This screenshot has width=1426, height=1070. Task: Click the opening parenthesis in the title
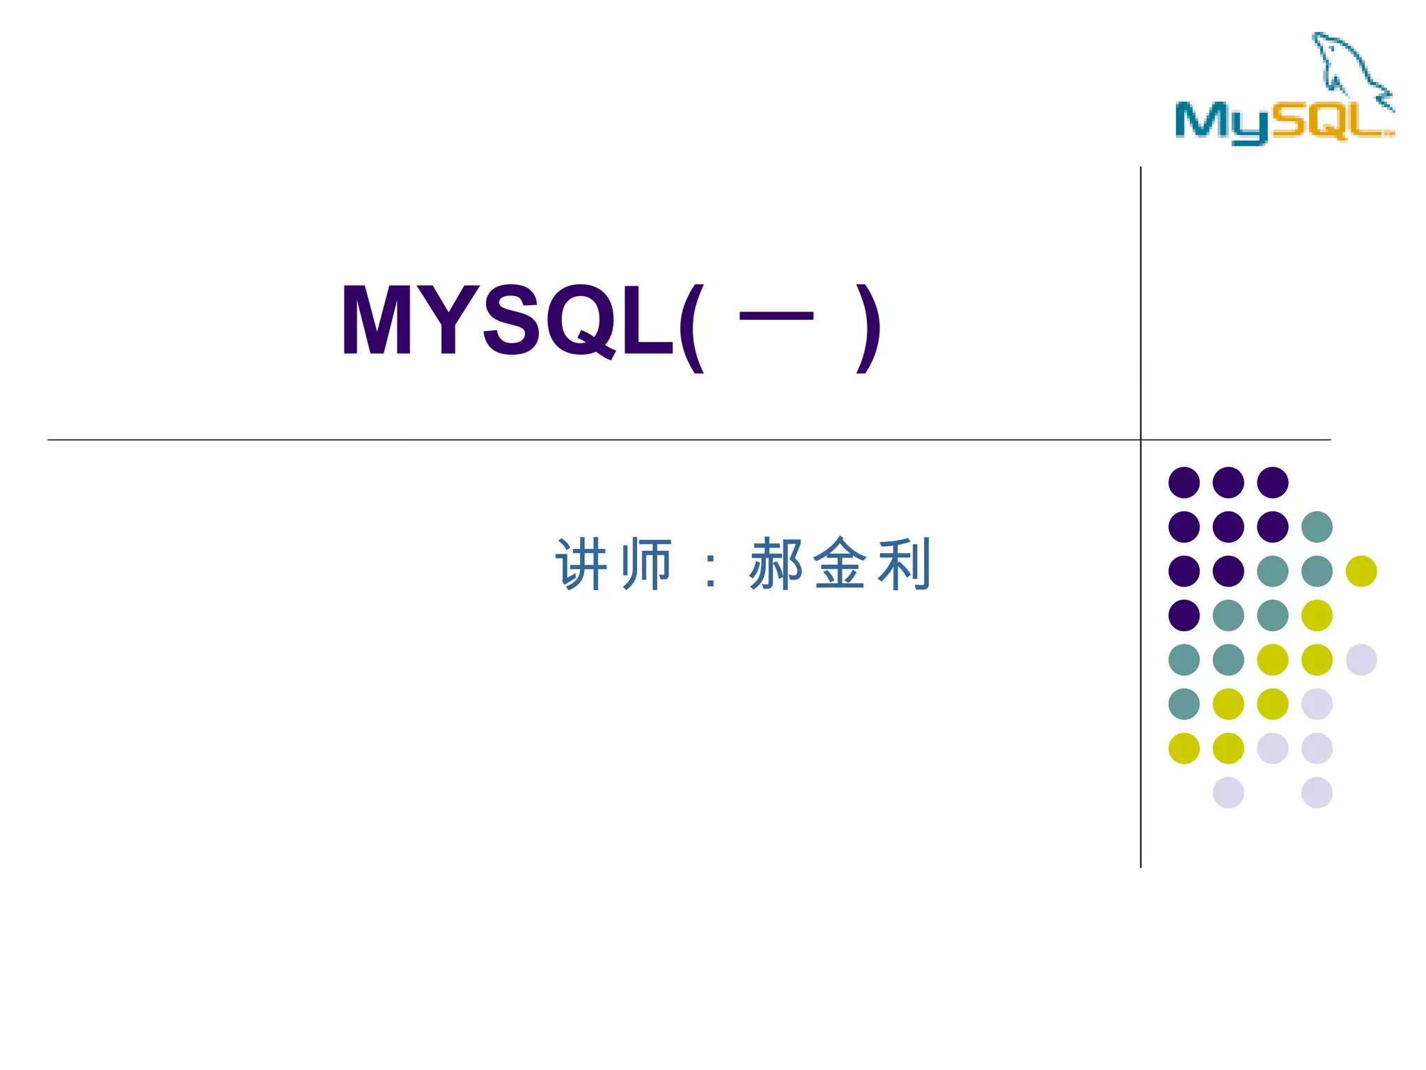coord(691,327)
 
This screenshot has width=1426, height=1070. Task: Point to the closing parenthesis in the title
coord(868,327)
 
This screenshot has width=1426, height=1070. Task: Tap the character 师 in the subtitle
coord(646,564)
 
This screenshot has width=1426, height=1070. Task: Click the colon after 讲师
coord(710,571)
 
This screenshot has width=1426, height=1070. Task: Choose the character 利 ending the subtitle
coord(904,564)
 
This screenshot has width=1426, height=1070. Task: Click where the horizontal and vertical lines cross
coord(1141,440)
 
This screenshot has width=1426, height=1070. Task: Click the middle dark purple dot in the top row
coord(1228,482)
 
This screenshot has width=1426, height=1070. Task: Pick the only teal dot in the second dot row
coord(1317,527)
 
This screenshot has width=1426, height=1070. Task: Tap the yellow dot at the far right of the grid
coord(1361,571)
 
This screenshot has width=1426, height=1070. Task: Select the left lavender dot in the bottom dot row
coord(1228,793)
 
